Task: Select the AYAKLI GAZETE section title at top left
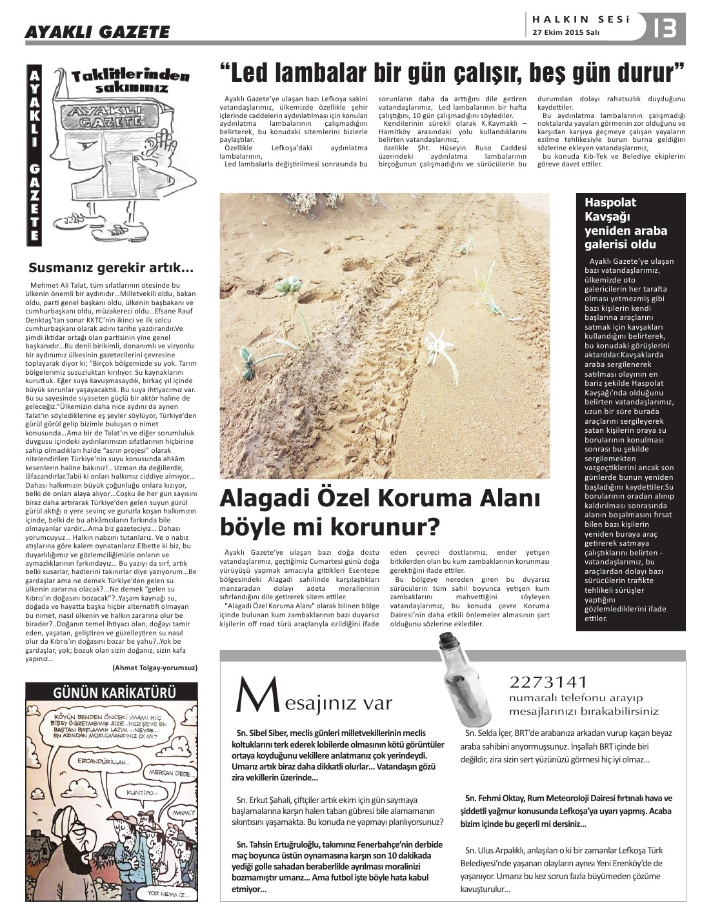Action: pyautogui.click(x=97, y=32)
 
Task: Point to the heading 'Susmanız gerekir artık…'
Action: pyautogui.click(x=112, y=267)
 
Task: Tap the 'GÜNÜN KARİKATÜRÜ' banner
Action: pyautogui.click(x=112, y=693)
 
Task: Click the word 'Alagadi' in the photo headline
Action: pyautogui.click(x=274, y=499)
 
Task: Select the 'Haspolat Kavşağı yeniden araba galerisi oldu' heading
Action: pyautogui.click(x=617, y=224)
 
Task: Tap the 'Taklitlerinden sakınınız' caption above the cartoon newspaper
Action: pyautogui.click(x=131, y=81)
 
